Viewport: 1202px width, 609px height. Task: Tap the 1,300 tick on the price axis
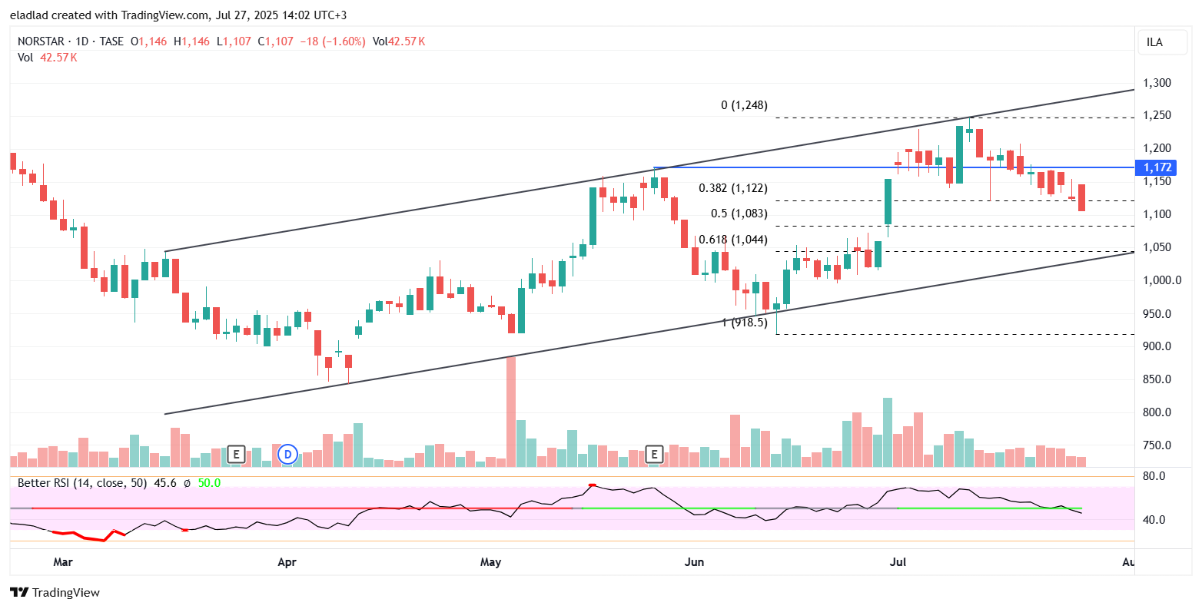pyautogui.click(x=1156, y=83)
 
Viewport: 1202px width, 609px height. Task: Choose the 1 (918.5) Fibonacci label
pyautogui.click(x=745, y=323)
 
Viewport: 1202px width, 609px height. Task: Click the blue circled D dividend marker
pyautogui.click(x=287, y=454)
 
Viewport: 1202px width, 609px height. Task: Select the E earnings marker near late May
pyautogui.click(x=655, y=454)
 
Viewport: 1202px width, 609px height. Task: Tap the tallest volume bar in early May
pyautogui.click(x=510, y=411)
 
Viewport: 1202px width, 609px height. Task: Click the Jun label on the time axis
pyautogui.click(x=694, y=562)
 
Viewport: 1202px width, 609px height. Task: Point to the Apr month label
pyautogui.click(x=287, y=562)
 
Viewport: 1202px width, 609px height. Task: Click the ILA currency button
pyautogui.click(x=1154, y=42)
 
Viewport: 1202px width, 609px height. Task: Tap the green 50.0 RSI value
pyautogui.click(x=209, y=483)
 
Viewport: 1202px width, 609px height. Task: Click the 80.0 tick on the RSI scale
pyautogui.click(x=1154, y=476)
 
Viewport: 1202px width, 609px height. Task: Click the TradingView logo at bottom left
pyautogui.click(x=55, y=592)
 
